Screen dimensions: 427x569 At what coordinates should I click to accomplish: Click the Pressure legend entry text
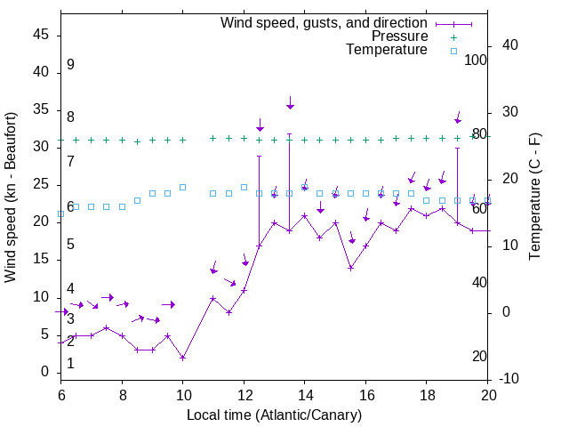click(x=400, y=36)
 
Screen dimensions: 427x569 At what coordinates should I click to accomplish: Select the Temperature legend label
click(x=387, y=50)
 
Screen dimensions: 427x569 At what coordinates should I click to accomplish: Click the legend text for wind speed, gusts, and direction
click(x=325, y=22)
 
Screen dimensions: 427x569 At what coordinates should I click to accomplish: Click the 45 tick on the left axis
click(x=41, y=35)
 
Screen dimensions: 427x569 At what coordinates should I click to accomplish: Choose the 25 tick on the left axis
click(x=41, y=184)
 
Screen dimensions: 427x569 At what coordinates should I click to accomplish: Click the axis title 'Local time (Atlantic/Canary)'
click(x=274, y=415)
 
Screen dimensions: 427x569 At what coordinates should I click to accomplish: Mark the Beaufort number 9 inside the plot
click(x=70, y=65)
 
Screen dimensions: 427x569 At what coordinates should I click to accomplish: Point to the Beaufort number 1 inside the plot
click(x=70, y=364)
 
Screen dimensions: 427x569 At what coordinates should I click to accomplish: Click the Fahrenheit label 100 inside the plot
click(x=477, y=60)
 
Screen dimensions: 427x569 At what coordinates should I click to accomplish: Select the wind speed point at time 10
click(x=182, y=358)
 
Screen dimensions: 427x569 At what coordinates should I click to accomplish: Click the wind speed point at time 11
click(x=213, y=299)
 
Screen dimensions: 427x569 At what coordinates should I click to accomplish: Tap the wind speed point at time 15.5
click(x=350, y=268)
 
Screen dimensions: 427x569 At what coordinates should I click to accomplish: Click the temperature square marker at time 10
click(x=182, y=187)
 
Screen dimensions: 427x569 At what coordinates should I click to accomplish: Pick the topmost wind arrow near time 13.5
click(x=290, y=103)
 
